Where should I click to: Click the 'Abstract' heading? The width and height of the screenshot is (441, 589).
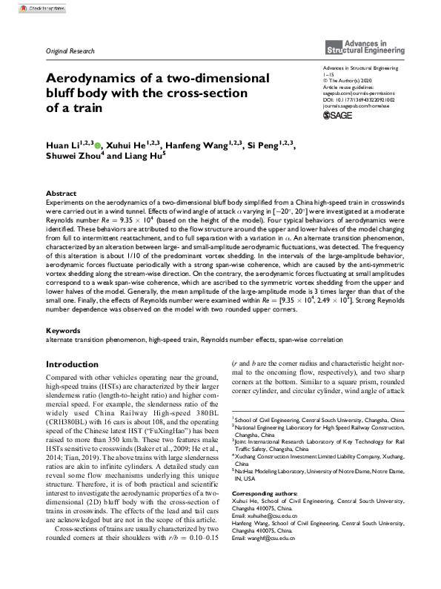pyautogui.click(x=61, y=192)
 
